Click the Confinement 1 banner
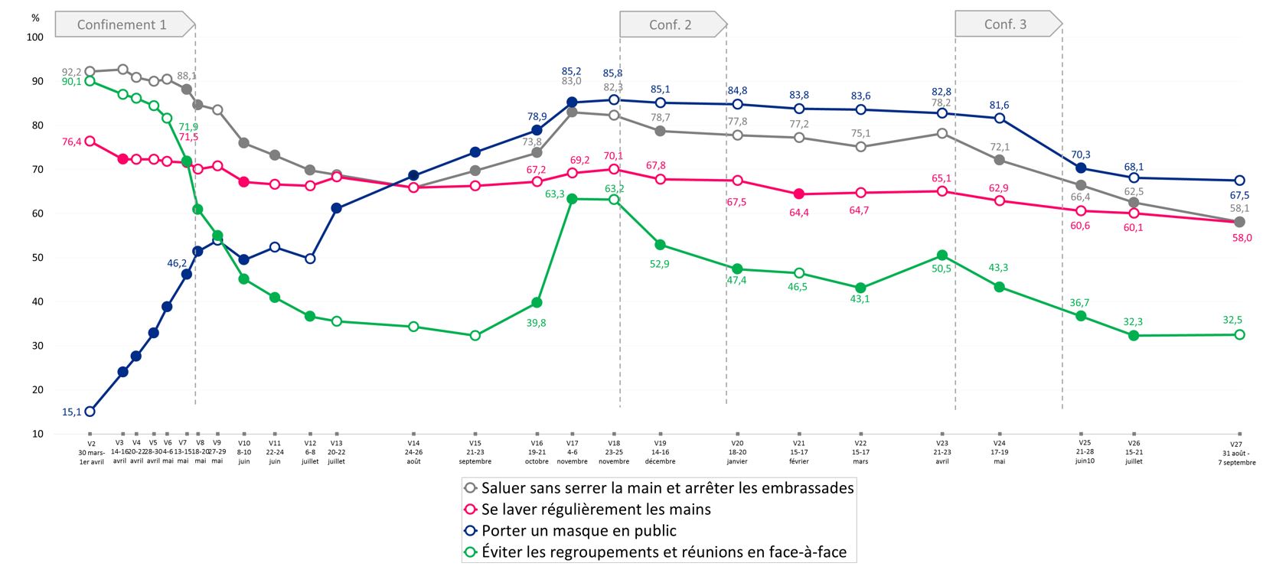[x=122, y=24]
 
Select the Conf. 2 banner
[x=671, y=24]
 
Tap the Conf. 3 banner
[x=1005, y=24]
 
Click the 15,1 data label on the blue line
[x=71, y=412]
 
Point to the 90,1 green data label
[x=71, y=82]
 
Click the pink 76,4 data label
[x=71, y=142]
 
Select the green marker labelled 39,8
[x=537, y=303]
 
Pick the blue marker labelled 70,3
[x=1081, y=168]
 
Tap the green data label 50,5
[x=942, y=269]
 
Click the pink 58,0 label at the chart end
[x=1241, y=238]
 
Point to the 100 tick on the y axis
[x=35, y=37]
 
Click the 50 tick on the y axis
[x=38, y=258]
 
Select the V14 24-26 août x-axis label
[x=413, y=452]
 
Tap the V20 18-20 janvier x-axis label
[x=737, y=452]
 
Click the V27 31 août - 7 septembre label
[x=1236, y=453]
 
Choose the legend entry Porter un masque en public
[x=579, y=531]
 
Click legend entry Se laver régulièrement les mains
[x=596, y=510]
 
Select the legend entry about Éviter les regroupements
[x=664, y=552]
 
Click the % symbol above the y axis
[x=35, y=18]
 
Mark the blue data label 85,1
[x=660, y=90]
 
